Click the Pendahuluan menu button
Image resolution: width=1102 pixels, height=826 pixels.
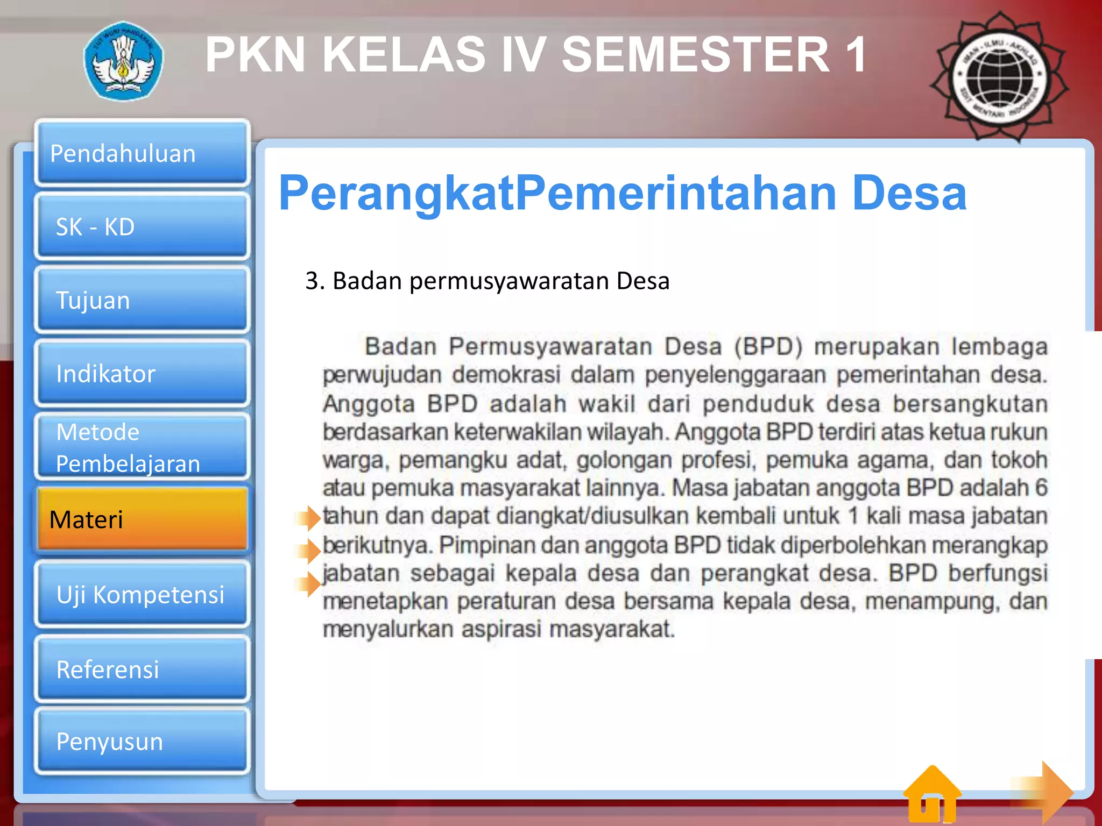click(x=142, y=153)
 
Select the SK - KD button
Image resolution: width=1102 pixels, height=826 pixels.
click(x=142, y=226)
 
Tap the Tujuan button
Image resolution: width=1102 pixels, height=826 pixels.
click(x=142, y=300)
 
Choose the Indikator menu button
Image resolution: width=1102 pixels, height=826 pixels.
click(x=142, y=373)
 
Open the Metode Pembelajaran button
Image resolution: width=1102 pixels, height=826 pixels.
click(x=142, y=447)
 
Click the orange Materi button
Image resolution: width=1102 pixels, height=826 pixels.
click(x=142, y=519)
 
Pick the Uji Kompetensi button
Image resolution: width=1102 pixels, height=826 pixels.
click(x=142, y=594)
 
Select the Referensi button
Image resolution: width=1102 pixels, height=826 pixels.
click(x=142, y=669)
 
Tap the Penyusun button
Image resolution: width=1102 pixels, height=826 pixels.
click(x=142, y=741)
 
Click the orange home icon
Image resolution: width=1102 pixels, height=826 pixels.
click(x=932, y=795)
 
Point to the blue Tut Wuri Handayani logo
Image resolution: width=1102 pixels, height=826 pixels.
click(x=123, y=61)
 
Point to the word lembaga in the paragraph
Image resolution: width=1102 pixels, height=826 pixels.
click(x=999, y=347)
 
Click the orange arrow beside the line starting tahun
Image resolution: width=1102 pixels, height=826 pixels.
click(x=309, y=518)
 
